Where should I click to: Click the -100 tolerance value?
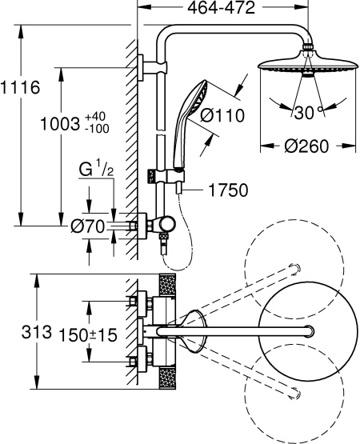[97, 128]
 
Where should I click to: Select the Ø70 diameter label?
[87, 226]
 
